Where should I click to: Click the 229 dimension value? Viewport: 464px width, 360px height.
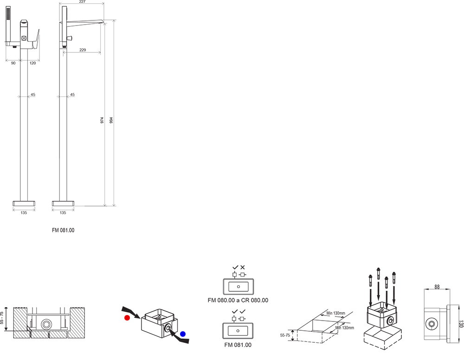pyautogui.click(x=82, y=50)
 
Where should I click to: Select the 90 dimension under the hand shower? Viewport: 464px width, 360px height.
pyautogui.click(x=13, y=63)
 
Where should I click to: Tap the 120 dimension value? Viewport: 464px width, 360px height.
pyautogui.click(x=32, y=63)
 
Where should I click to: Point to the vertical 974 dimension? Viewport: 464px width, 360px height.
pyautogui.click(x=102, y=121)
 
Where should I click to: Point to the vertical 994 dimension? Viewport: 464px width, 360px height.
pyautogui.click(x=111, y=121)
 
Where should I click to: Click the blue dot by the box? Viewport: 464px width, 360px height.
pyautogui.click(x=183, y=334)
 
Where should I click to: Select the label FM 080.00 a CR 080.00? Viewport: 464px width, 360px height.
pyautogui.click(x=238, y=301)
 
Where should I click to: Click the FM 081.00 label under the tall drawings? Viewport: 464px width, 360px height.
pyautogui.click(x=63, y=230)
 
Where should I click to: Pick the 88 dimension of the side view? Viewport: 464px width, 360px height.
pyautogui.click(x=437, y=287)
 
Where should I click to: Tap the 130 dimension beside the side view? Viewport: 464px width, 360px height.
pyautogui.click(x=461, y=323)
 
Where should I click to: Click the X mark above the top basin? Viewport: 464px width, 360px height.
pyautogui.click(x=243, y=268)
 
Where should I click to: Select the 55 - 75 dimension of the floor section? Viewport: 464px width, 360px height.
pyautogui.click(x=2, y=319)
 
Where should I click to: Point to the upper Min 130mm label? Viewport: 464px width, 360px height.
pyautogui.click(x=336, y=314)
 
